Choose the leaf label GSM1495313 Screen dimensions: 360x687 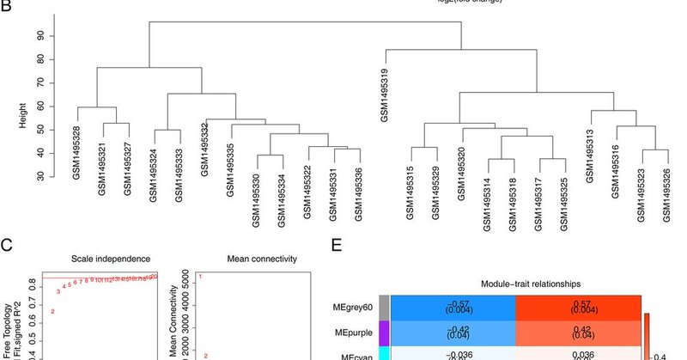click(591, 155)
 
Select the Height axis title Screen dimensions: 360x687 click(24, 106)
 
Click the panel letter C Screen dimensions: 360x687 click(7, 249)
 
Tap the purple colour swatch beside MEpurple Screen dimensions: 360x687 click(385, 332)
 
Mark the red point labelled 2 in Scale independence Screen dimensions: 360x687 click(52, 311)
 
